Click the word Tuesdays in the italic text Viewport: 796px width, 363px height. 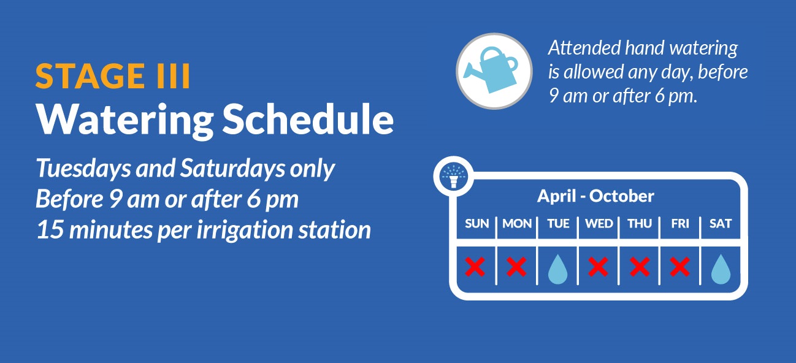[x=83, y=169]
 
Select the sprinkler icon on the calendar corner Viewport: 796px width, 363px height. [x=453, y=176]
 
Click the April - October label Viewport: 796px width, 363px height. [x=595, y=196]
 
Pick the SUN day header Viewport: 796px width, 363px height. [x=477, y=224]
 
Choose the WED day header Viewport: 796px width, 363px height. [x=599, y=224]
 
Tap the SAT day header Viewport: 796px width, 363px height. [x=721, y=224]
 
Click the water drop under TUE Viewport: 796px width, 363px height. [x=557, y=270]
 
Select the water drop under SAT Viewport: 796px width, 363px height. [x=721, y=270]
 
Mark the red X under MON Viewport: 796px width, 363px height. [x=516, y=267]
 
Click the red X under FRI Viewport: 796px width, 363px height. [x=679, y=267]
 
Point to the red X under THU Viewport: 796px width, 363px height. [x=640, y=267]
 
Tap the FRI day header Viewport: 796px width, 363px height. [x=680, y=224]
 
